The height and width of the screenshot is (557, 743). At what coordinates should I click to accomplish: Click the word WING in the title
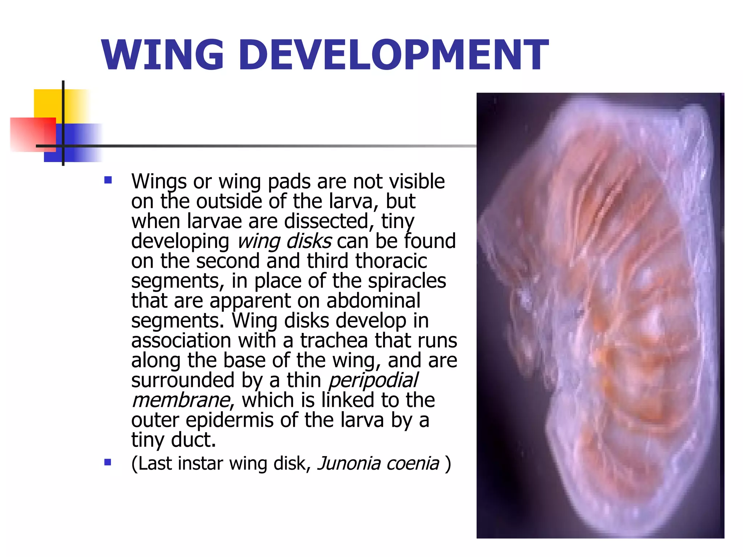click(163, 55)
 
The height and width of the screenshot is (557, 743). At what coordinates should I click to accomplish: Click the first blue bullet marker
click(108, 180)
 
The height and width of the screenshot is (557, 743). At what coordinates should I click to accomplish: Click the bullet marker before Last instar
click(108, 462)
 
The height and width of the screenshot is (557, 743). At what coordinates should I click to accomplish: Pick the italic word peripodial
click(373, 380)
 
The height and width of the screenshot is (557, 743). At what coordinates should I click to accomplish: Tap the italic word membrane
click(181, 400)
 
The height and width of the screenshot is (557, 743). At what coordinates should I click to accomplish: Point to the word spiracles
click(407, 281)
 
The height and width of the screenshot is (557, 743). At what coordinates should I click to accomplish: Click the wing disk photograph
click(600, 315)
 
